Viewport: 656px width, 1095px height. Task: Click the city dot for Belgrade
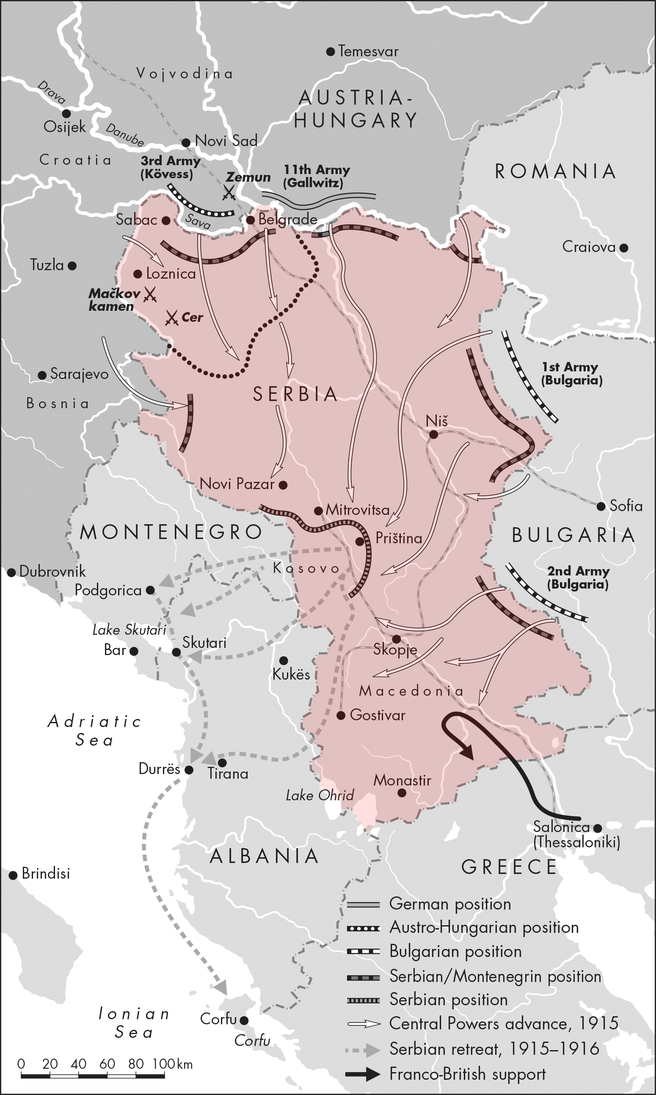click(x=250, y=220)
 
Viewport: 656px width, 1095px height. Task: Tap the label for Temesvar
click(x=368, y=52)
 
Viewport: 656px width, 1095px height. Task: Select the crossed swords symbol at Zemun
click(x=229, y=192)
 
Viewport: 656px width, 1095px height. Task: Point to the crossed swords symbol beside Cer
click(x=171, y=318)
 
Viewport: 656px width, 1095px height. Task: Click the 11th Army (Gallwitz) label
click(x=316, y=176)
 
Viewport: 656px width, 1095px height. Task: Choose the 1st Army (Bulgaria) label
click(x=571, y=374)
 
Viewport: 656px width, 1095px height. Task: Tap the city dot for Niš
click(x=434, y=435)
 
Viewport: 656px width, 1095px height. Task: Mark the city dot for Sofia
click(x=601, y=506)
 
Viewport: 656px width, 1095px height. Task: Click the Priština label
click(x=399, y=538)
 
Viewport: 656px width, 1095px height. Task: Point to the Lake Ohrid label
click(x=320, y=796)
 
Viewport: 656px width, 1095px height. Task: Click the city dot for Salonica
click(x=598, y=828)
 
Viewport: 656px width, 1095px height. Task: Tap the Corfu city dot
click(x=244, y=1020)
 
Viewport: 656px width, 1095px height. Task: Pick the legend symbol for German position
click(x=364, y=904)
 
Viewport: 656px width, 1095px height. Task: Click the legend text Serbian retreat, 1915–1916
click(x=494, y=1048)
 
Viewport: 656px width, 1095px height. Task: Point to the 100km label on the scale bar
click(x=172, y=1064)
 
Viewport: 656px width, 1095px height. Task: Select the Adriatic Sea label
click(x=94, y=730)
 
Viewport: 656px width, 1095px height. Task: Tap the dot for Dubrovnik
click(x=11, y=572)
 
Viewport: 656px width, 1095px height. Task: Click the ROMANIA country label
click(x=555, y=171)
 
